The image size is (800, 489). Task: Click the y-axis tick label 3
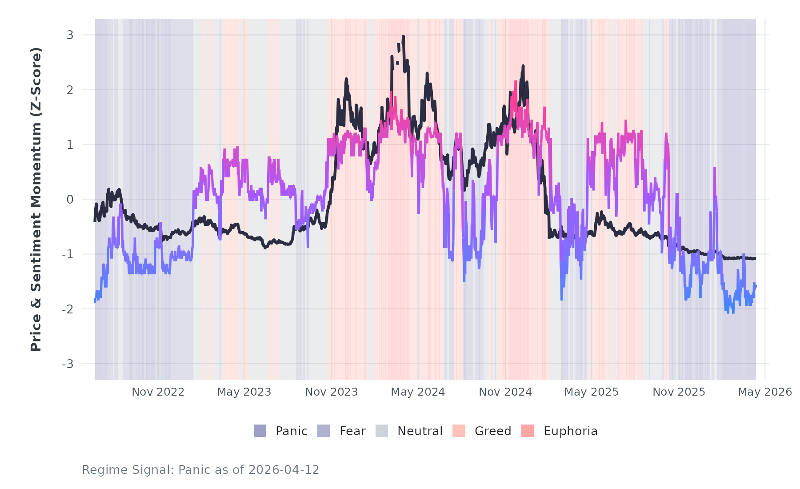(x=70, y=35)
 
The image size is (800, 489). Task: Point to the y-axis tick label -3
(x=68, y=364)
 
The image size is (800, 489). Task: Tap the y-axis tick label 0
(x=70, y=200)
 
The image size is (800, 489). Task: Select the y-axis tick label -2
(x=68, y=309)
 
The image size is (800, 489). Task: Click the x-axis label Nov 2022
(x=158, y=392)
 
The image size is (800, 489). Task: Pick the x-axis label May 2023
(x=244, y=392)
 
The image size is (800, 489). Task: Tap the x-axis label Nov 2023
(x=332, y=392)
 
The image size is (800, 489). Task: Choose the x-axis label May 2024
(x=418, y=392)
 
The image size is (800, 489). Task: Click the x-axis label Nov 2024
(x=505, y=392)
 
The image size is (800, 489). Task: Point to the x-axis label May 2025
(x=592, y=392)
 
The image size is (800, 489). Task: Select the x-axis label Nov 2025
(x=679, y=392)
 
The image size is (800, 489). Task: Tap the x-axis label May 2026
(x=765, y=392)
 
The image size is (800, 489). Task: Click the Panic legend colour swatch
(x=260, y=431)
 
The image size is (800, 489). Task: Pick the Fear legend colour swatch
(x=324, y=431)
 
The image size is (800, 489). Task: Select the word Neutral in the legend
(x=420, y=431)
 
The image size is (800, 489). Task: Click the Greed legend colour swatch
(x=459, y=431)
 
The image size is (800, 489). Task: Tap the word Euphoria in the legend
(x=571, y=431)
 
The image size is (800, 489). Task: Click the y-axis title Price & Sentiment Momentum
(x=36, y=199)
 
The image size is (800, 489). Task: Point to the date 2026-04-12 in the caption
(x=284, y=470)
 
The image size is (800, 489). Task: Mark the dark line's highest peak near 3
(x=403, y=36)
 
